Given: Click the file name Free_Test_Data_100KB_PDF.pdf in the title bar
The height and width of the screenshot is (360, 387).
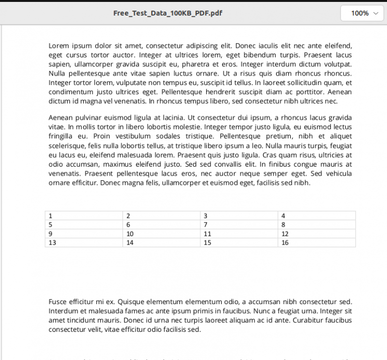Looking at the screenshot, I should coord(167,13).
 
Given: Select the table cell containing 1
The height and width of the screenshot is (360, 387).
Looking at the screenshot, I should coord(84,215).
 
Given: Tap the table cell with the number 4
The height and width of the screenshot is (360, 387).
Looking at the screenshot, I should coord(316,215).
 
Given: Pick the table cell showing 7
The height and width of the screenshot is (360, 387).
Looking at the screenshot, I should coord(239,225).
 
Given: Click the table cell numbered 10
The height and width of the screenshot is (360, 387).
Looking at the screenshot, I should coord(161,234).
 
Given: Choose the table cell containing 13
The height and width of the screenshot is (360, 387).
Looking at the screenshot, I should coord(84,243).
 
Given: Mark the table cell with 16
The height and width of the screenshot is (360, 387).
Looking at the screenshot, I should coord(316,243).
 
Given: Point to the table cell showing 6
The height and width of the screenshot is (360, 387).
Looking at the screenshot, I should coord(161,225).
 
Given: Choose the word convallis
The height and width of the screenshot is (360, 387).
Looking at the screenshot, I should coord(234,164).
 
